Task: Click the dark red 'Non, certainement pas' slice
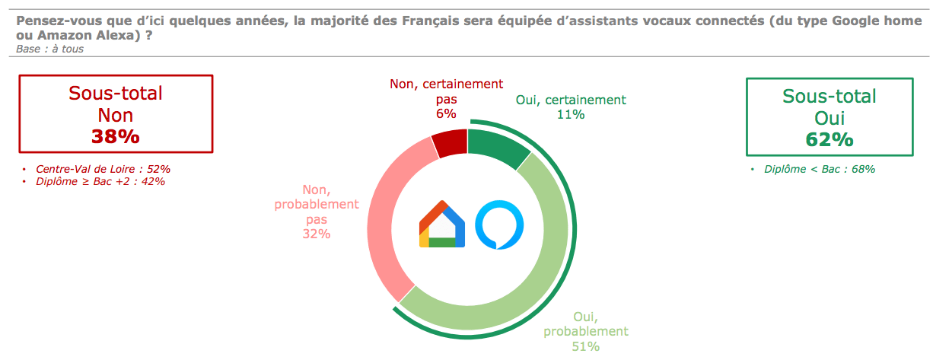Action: tap(449, 144)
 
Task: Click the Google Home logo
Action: tap(441, 225)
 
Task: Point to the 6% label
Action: tap(446, 113)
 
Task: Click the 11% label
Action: tap(571, 114)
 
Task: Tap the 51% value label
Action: tap(585, 346)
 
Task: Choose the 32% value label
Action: tap(316, 234)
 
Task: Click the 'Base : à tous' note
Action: tap(49, 49)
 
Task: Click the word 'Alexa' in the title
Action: tap(117, 35)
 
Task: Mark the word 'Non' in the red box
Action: tap(116, 115)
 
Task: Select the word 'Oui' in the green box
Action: tap(830, 118)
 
